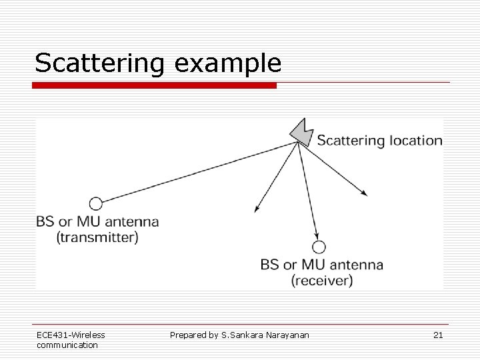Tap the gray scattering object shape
click(x=302, y=133)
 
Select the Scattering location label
click(x=379, y=141)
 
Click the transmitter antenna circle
click(x=96, y=203)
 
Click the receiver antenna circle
click(x=319, y=247)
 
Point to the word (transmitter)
click(x=97, y=237)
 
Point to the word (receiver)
click(x=322, y=281)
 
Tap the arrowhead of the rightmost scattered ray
click(x=364, y=193)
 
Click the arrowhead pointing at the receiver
click(x=315, y=235)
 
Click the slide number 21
click(x=438, y=335)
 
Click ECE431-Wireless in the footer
click(x=71, y=335)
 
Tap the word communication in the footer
click(x=67, y=345)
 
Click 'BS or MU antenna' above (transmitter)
click(x=97, y=222)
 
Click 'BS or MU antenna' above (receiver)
click(x=322, y=265)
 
